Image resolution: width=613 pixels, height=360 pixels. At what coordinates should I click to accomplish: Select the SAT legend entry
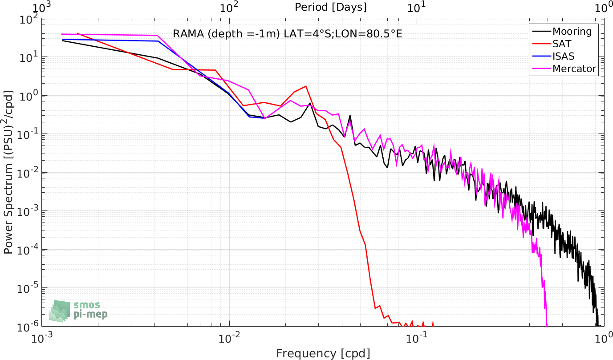tap(552, 44)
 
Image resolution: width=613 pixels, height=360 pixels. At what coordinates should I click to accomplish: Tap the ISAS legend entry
tap(553, 56)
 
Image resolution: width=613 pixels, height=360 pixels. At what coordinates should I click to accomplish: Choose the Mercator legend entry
tap(564, 69)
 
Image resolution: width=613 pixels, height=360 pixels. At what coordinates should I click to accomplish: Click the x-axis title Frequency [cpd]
tap(323, 353)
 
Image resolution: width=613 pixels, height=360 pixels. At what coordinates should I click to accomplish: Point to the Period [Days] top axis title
tap(331, 7)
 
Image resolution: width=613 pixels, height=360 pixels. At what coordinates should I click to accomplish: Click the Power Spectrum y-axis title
tap(8, 172)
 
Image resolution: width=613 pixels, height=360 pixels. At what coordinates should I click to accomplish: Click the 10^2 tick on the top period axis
tap(229, 8)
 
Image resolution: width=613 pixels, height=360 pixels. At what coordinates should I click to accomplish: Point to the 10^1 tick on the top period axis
tap(417, 8)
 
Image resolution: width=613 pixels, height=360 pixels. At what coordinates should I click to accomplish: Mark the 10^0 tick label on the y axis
tap(29, 96)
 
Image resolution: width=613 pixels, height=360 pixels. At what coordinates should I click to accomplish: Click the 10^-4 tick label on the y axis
tap(28, 250)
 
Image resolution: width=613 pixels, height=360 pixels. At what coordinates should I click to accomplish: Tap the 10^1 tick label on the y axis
tap(29, 58)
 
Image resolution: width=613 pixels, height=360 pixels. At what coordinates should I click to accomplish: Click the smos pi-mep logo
tap(78, 311)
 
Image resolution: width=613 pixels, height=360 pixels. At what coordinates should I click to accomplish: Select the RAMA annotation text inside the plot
tap(288, 34)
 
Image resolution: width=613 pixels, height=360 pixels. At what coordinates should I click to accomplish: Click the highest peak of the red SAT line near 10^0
tap(306, 86)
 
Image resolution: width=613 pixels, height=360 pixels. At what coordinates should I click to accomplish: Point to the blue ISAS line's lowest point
tap(265, 118)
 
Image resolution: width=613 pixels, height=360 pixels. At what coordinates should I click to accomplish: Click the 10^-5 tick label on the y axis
tap(28, 288)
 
